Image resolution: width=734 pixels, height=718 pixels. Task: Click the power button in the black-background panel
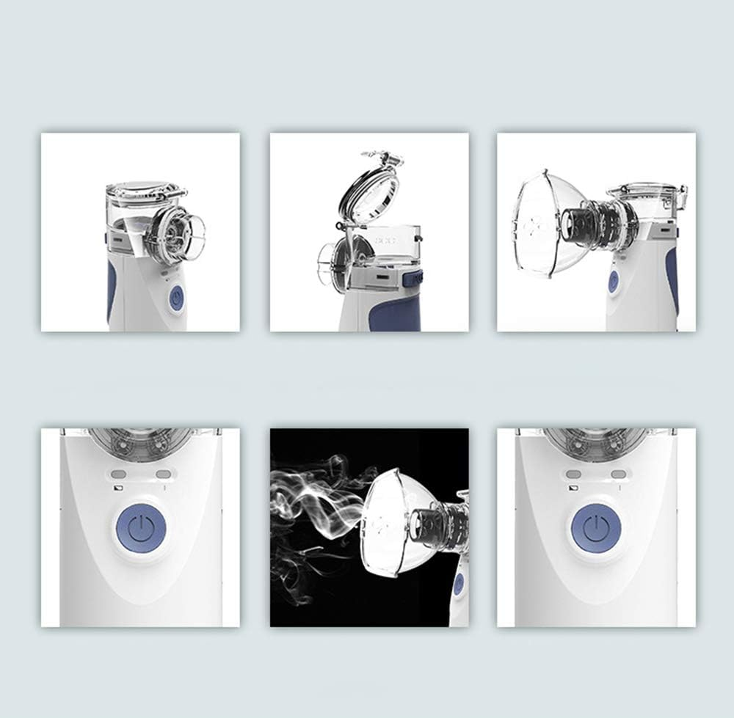pyautogui.click(x=459, y=584)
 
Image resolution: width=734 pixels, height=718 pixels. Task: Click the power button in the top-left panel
pyautogui.click(x=176, y=298)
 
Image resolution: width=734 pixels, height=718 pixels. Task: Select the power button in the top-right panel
pyautogui.click(x=613, y=282)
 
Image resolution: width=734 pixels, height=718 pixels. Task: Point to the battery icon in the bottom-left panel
pyautogui.click(x=117, y=487)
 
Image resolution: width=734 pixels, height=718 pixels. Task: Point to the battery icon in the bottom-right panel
pyautogui.click(x=571, y=487)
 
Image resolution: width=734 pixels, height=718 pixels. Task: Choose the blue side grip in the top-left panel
pyautogui.click(x=112, y=290)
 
